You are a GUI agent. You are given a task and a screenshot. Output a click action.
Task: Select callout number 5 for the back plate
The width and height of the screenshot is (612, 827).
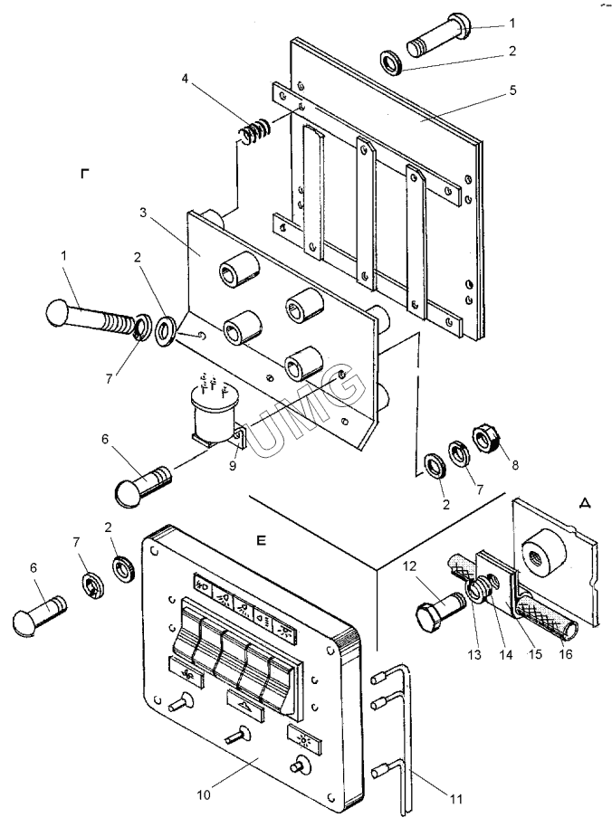coord(512,90)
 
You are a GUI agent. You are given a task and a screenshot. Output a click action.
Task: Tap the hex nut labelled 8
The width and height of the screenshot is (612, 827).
coord(486,437)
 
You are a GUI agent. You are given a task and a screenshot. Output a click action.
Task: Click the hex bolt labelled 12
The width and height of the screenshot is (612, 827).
coord(440,613)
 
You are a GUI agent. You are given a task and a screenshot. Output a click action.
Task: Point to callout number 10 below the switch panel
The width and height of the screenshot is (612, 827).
coord(205,794)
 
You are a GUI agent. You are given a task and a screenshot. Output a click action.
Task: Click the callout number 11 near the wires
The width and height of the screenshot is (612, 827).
coord(456,799)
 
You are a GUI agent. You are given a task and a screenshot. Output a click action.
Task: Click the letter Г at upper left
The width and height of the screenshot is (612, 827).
coord(85,173)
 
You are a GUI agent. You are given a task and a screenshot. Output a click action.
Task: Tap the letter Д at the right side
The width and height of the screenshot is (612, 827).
coord(585,503)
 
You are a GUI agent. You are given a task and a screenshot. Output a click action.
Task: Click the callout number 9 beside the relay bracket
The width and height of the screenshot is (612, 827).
coord(233,465)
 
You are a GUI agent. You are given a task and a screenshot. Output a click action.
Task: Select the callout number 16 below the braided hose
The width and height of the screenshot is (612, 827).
coord(565,654)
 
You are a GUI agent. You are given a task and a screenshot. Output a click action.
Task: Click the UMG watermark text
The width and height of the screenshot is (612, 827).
coord(304,413)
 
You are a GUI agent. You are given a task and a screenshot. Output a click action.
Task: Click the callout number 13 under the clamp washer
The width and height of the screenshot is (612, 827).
coord(474,654)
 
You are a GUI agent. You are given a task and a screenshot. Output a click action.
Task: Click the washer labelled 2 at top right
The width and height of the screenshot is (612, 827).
coord(391,62)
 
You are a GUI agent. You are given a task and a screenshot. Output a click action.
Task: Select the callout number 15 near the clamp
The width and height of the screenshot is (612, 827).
coord(535,654)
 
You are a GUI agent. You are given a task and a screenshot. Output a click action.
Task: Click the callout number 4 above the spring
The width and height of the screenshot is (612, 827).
coord(185,79)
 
